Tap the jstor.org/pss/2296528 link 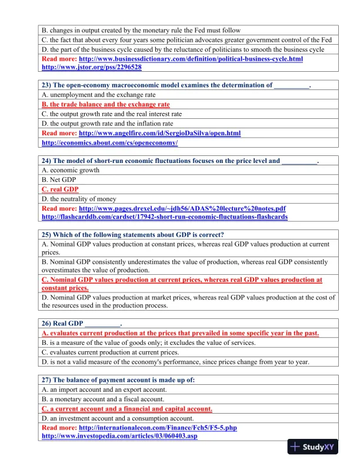91,68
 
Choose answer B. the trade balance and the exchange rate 106,104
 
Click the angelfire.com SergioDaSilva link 159,134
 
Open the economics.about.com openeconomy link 109,143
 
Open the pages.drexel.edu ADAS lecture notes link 182,208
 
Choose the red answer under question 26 181,333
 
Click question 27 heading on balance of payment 118,380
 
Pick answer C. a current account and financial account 127,408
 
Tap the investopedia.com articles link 119,436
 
